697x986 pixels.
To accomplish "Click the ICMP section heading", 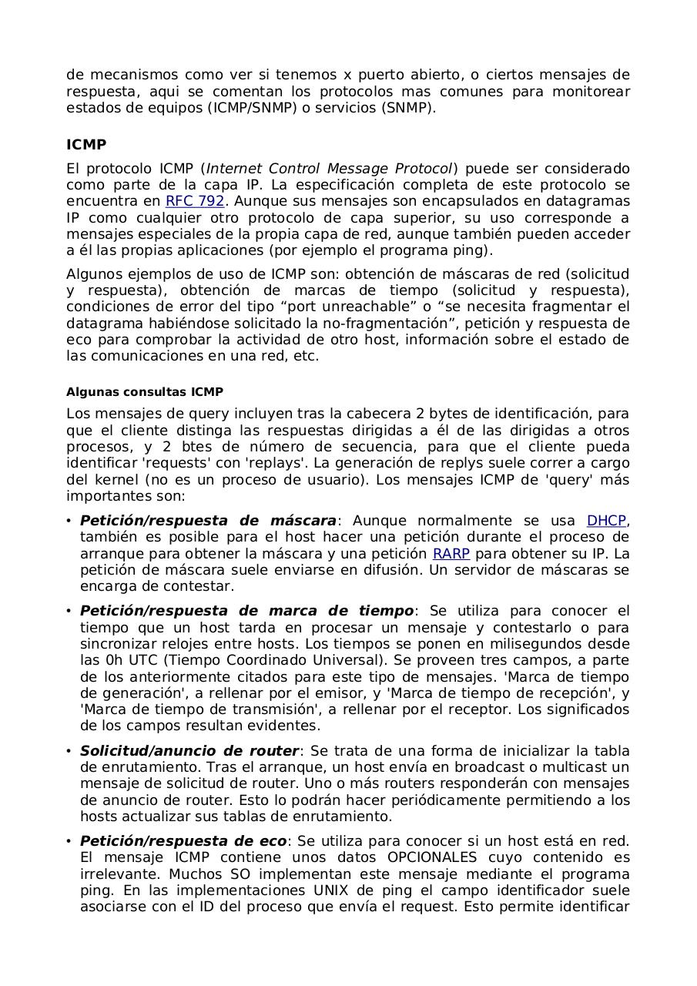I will click(x=86, y=145).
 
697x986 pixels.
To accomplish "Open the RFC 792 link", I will click(x=195, y=201).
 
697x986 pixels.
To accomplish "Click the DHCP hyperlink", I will click(x=606, y=521).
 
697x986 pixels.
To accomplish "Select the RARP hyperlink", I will click(x=451, y=554).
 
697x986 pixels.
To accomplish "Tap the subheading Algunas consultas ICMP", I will click(x=145, y=392).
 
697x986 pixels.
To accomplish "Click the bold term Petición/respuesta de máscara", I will click(x=208, y=521).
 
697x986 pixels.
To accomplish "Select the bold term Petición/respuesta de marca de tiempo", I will click(x=246, y=611).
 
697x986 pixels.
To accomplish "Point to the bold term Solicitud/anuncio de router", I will click(x=189, y=751).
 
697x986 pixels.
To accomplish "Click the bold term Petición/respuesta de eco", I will click(x=183, y=841).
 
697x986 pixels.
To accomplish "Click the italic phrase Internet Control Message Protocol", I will click(x=329, y=169).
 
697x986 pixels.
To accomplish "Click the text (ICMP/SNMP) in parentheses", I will click(x=251, y=108).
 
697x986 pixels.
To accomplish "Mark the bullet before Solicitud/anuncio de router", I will click(x=69, y=751).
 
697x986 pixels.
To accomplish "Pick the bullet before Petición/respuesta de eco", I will click(x=69, y=841).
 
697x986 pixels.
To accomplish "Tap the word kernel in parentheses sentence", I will click(x=117, y=480).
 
